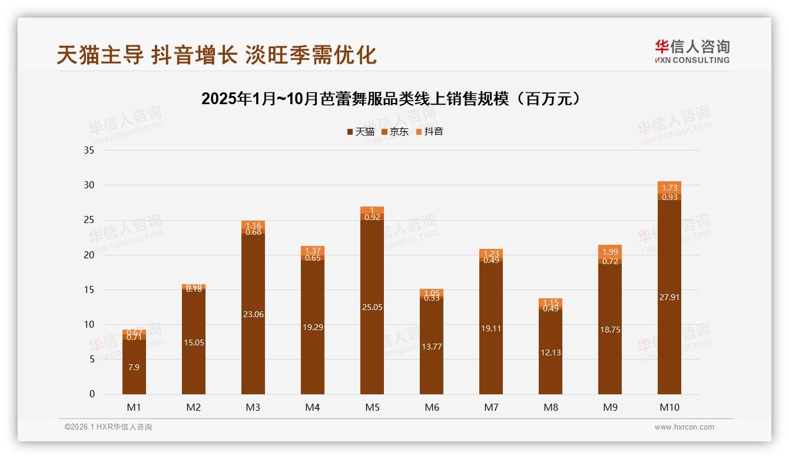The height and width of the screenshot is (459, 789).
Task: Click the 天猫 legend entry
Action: pos(360,132)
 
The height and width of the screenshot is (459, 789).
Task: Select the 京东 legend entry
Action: pos(395,132)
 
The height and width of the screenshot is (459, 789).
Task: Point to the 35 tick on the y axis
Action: pos(89,151)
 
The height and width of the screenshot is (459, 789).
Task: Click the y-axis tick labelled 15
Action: pos(89,290)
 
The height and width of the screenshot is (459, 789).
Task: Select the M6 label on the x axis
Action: pos(432,407)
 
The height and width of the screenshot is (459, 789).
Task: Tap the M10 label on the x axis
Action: pos(669,407)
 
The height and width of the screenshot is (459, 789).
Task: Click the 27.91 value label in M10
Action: pos(669,297)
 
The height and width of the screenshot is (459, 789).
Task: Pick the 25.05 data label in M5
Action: pos(372,307)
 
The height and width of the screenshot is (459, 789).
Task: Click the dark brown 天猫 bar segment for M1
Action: pos(134,367)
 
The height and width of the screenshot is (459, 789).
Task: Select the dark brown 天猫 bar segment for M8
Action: pos(551,352)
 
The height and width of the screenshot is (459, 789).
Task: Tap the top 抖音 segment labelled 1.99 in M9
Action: pos(610,252)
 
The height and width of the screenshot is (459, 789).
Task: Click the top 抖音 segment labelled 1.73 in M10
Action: pos(669,188)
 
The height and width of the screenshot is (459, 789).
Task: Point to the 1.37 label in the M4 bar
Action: pos(313,251)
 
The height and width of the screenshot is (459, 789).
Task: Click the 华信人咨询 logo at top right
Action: pos(692,51)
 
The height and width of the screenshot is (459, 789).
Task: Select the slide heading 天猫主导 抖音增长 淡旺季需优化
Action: pos(216,55)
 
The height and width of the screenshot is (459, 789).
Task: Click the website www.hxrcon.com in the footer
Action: pos(684,427)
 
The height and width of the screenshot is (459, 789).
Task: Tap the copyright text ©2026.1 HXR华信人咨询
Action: pos(108,427)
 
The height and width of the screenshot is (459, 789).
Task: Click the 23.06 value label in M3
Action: pos(253,314)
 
